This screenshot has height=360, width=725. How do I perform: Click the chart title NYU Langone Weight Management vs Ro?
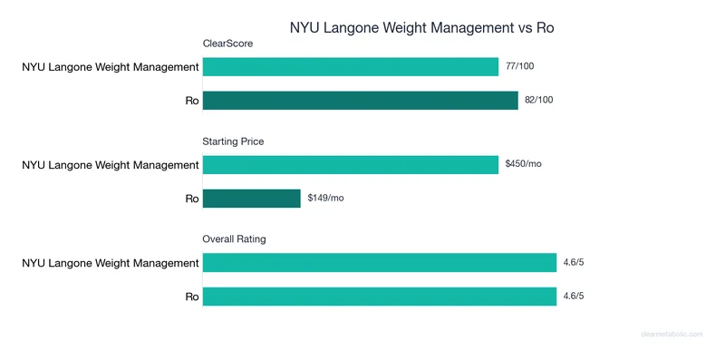pos(421,27)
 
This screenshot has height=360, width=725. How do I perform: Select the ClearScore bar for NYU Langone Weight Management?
pos(351,66)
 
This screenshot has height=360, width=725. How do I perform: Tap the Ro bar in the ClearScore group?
pos(361,100)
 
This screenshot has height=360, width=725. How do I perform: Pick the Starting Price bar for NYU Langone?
pos(351,164)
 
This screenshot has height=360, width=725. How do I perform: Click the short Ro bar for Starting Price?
pos(251,198)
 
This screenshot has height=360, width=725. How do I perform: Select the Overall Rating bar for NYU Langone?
pos(379,263)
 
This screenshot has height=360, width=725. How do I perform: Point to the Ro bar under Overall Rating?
pos(379,297)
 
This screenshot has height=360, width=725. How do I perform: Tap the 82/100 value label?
pos(538,100)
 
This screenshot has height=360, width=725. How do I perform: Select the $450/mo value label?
pos(523,164)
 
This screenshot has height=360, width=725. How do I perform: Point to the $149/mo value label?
pos(325,198)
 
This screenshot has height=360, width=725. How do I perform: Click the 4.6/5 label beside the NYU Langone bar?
pos(574,263)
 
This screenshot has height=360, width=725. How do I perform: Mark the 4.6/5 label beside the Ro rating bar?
pos(574,297)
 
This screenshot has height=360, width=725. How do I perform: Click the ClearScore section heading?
pos(227,43)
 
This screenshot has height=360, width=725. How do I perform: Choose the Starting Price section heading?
pos(233,141)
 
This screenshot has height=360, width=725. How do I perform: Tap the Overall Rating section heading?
pos(234,239)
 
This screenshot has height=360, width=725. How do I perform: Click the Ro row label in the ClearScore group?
pos(191,100)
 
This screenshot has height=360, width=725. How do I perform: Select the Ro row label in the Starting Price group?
pos(191,198)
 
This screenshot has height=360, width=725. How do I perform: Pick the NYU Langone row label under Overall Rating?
pos(111,263)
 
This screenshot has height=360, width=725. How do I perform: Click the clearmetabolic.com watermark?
pos(672,335)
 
